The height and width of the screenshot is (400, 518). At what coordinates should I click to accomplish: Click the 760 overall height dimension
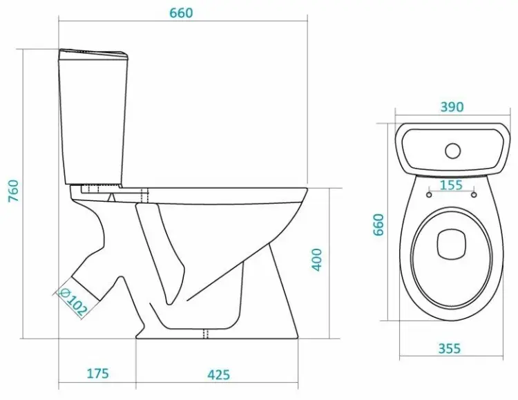[13, 191]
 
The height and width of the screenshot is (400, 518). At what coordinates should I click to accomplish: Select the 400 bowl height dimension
[317, 260]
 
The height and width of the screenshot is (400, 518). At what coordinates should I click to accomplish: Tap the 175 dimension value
[98, 374]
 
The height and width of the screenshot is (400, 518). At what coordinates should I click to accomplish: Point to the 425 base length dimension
[219, 374]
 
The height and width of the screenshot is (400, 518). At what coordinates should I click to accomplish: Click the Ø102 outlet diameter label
[73, 301]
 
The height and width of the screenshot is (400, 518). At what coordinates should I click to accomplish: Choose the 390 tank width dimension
[452, 107]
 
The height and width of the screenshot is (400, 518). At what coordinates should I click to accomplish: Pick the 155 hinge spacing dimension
[451, 184]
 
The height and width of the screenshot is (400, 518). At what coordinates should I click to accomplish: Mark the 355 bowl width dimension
[450, 348]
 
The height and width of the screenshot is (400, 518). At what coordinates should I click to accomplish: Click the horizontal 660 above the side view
[181, 13]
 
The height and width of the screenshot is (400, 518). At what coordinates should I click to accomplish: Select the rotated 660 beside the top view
[378, 225]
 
